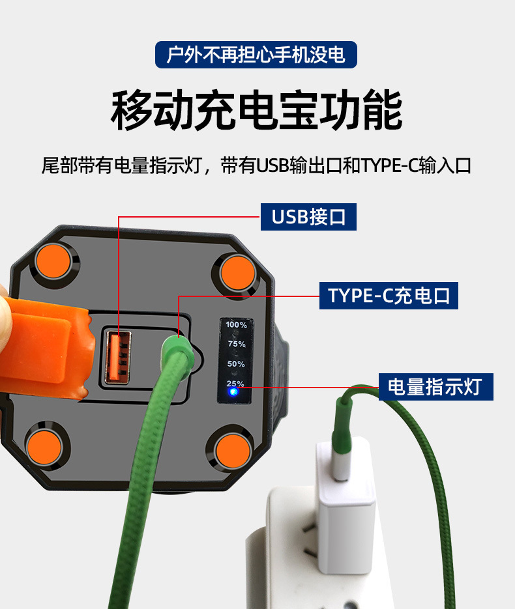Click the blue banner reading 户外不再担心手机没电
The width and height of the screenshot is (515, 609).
pos(256,55)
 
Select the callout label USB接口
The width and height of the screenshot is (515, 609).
pos(308,216)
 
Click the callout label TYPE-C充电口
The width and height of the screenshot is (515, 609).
pos(389,296)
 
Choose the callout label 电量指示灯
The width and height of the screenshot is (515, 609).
pos(435,387)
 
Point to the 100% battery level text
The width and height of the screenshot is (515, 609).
pos(236,324)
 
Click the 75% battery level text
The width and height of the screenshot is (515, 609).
pos(236,344)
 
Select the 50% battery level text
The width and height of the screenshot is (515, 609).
pos(236,364)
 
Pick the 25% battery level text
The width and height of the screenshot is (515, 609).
pos(235,383)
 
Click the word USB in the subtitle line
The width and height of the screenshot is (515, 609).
pos(272,165)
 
